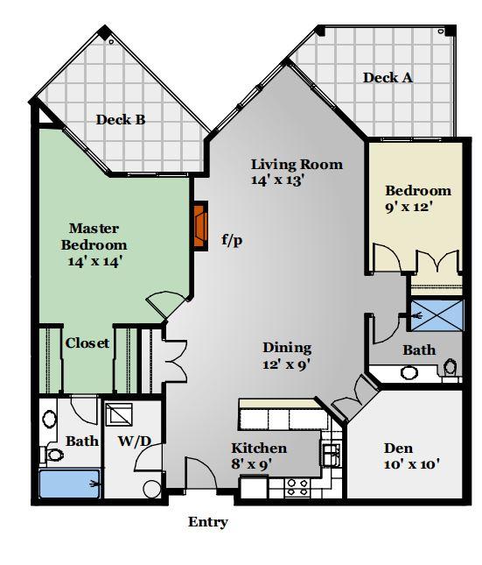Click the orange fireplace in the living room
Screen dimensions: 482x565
click(200, 226)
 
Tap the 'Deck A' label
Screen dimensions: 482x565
click(388, 78)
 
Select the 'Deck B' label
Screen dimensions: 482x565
click(121, 120)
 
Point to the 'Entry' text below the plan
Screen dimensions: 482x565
click(208, 522)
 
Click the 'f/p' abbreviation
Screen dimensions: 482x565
click(232, 240)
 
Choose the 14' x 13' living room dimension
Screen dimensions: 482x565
click(278, 180)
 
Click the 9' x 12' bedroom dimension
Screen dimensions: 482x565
click(409, 207)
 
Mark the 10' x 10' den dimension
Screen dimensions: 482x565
click(412, 464)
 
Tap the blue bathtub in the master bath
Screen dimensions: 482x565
click(69, 484)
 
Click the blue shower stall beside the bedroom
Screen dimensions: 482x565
click(437, 315)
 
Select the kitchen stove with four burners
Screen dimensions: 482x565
click(297, 487)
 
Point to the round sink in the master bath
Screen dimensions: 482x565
click(49, 419)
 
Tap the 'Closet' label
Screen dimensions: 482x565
click(87, 343)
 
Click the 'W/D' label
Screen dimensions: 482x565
click(134, 441)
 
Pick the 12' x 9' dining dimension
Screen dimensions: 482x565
click(286, 364)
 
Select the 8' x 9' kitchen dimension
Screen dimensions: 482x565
click(251, 464)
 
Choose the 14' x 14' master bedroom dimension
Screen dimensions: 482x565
click(94, 261)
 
